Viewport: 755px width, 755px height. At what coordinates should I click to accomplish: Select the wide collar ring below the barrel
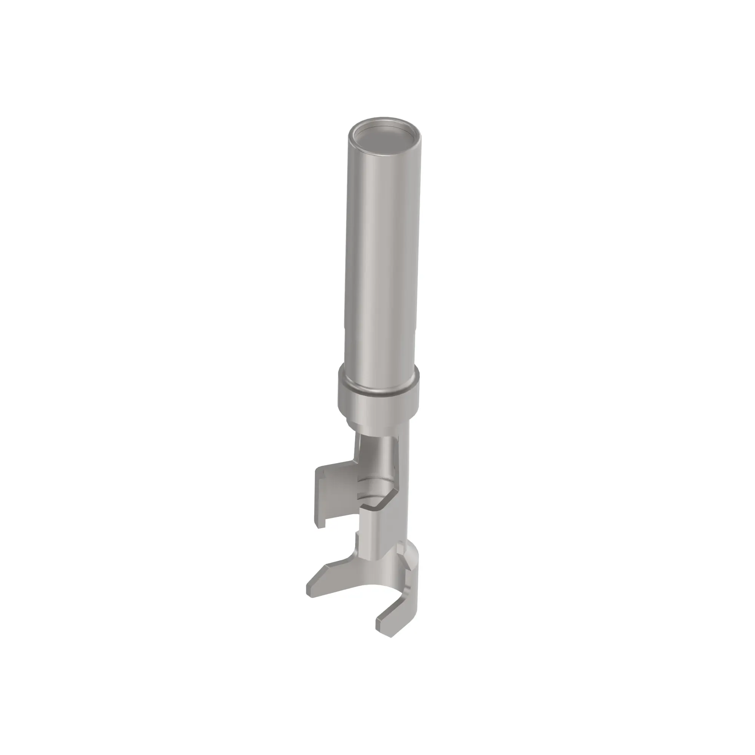pos(378,407)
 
